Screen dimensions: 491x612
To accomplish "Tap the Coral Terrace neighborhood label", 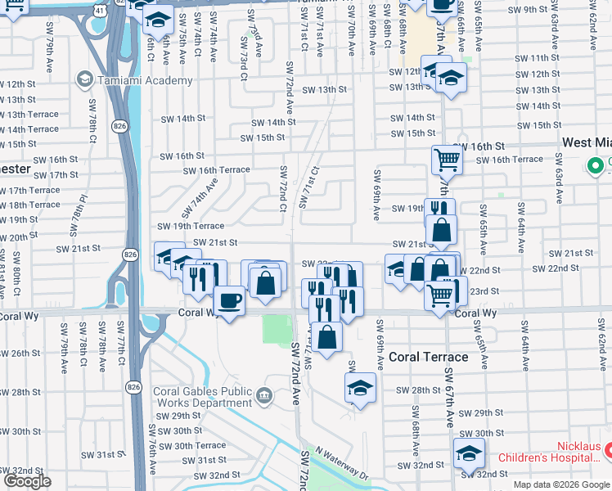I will pos(428,357).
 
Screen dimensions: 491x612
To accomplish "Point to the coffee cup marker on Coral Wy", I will pos(229,300).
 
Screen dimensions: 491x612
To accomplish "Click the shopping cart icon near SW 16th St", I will pos(447,159).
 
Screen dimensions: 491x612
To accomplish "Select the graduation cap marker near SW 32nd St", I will pos(469,453).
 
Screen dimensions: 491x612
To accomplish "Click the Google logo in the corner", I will pos(27,481).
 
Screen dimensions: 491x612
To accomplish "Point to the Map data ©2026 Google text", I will pos(561,484).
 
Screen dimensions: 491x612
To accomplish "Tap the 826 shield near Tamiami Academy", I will pos(120,125).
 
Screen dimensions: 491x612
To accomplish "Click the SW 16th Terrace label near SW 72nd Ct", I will pos(216,170).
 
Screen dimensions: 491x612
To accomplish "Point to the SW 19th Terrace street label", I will pos(190,226).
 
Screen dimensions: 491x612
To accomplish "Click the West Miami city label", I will pos(587,142).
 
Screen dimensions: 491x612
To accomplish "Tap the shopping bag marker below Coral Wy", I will pos(326,337).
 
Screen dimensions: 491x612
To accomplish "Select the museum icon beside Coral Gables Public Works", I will pos(263,397).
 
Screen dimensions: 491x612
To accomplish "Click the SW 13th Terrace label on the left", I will pos(29,115).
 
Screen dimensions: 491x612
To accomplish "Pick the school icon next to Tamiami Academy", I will pos(84,80).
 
